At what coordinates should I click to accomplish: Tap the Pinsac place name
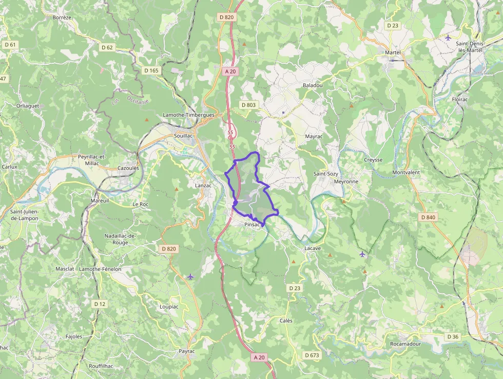253,224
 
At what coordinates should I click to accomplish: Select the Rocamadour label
405,344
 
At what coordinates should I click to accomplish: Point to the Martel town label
393,52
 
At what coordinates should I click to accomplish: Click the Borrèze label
62,17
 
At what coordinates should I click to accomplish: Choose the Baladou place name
313,85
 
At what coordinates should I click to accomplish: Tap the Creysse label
373,160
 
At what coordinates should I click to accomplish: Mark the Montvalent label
406,172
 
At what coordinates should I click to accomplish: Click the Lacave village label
313,248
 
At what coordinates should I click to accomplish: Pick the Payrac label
187,351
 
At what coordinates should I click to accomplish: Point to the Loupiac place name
169,306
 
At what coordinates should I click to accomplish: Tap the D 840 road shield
428,218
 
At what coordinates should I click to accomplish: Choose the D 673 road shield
312,355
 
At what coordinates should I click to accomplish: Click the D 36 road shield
452,337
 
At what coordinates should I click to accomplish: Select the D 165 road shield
151,70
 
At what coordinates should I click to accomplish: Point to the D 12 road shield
100,304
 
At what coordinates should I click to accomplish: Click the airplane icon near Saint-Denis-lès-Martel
448,38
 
